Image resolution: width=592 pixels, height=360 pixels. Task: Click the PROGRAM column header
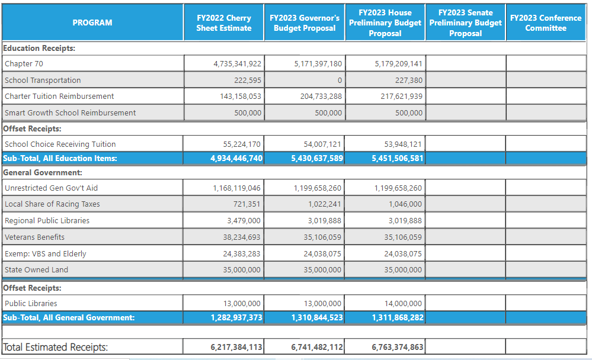[x=92, y=22]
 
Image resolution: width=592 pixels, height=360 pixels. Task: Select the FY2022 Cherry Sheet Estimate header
[x=224, y=23]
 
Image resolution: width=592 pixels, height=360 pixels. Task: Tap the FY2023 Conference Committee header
[x=545, y=23]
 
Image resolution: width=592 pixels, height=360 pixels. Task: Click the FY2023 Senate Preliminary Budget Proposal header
[x=465, y=23]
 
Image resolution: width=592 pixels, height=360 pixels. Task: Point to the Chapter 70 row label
[x=24, y=63]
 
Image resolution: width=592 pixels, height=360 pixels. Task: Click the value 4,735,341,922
[x=237, y=63]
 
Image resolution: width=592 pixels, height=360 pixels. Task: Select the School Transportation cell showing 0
[x=340, y=80]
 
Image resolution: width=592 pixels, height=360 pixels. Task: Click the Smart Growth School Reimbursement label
[x=70, y=112]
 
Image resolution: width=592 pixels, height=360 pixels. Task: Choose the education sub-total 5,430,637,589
[x=317, y=158]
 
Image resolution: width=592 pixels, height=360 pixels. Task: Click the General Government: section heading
[x=42, y=172]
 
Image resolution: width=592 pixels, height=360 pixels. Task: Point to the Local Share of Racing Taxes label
[x=52, y=204]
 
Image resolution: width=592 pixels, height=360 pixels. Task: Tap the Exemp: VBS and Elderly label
[x=45, y=253]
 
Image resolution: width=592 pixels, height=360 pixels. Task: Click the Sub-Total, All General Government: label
[x=69, y=317]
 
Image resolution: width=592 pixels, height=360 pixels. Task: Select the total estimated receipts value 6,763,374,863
[x=397, y=347]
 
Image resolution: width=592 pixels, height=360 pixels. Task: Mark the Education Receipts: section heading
[x=39, y=48]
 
